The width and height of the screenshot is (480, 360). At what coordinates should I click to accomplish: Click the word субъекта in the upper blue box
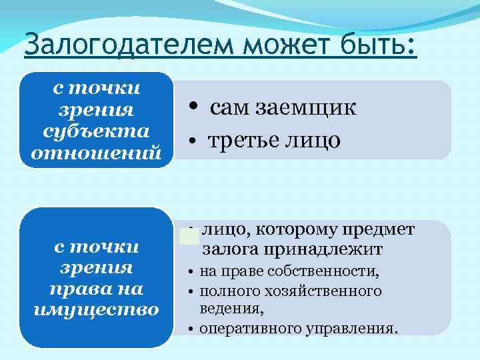[x=95, y=130]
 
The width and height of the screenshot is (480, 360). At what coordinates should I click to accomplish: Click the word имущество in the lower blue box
[x=96, y=310]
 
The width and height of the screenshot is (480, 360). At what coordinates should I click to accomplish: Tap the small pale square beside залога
[x=189, y=235]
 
